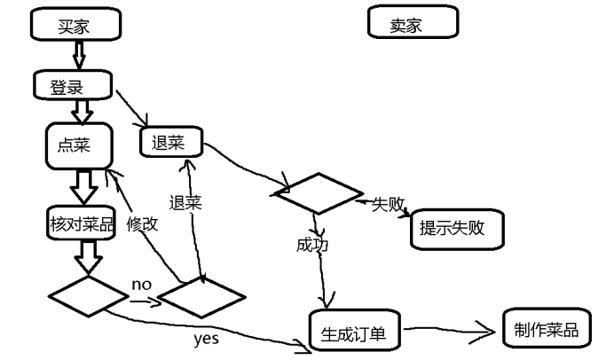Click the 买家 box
point(75,25)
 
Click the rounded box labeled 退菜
point(171,140)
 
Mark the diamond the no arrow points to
point(198,296)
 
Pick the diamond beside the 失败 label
point(319,192)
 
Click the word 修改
point(142,223)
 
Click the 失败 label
point(388,204)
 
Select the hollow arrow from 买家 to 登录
point(77,56)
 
